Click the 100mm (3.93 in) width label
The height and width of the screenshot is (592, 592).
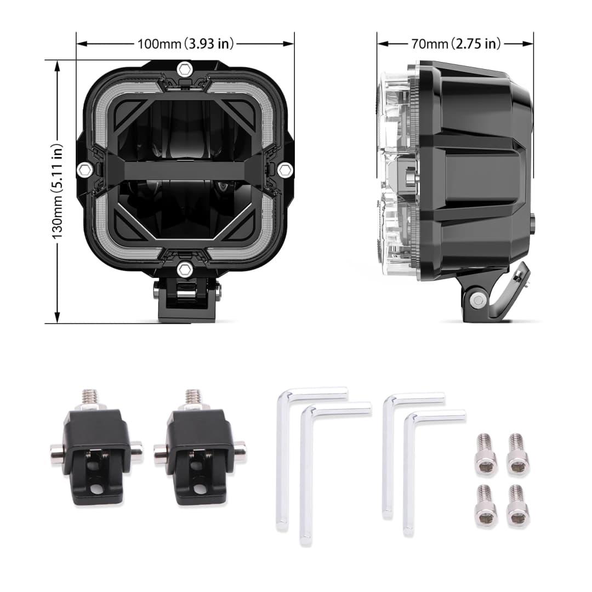point(185,43)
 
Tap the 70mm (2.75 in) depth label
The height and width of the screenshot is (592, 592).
point(455,43)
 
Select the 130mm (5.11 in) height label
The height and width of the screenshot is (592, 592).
point(57,191)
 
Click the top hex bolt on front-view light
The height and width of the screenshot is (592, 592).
point(185,69)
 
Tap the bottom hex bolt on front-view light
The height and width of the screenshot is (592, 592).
point(185,269)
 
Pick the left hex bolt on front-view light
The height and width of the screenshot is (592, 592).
point(84,170)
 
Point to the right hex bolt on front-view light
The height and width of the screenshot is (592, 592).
point(284,170)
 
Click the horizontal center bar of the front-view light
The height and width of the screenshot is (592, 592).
point(185,170)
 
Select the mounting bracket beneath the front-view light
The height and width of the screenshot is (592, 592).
point(186,299)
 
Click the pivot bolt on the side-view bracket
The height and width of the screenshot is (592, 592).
point(479,299)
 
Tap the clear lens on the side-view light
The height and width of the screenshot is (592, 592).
point(396,170)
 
